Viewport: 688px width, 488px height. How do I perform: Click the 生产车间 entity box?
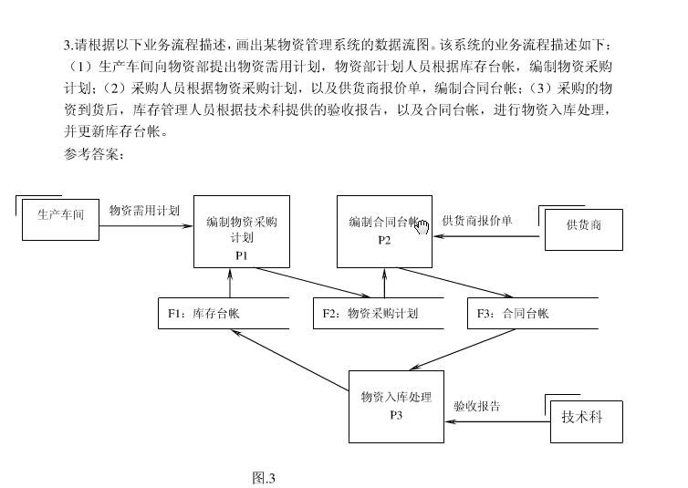[60, 216]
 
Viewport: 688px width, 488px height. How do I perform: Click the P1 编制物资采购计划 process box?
[241, 232]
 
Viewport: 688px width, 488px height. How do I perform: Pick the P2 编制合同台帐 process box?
[384, 232]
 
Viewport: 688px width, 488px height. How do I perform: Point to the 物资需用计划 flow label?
[144, 211]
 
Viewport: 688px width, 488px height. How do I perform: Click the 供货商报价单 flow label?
[477, 221]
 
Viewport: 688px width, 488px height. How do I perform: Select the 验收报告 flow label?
[476, 406]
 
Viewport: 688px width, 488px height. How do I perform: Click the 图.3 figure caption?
[265, 476]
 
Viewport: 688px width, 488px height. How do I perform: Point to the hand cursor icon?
[422, 224]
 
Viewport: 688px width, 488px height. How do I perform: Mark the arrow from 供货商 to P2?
[488, 236]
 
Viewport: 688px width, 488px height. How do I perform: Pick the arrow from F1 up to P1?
[230, 283]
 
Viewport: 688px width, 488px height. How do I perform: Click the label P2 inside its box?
[384, 241]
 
